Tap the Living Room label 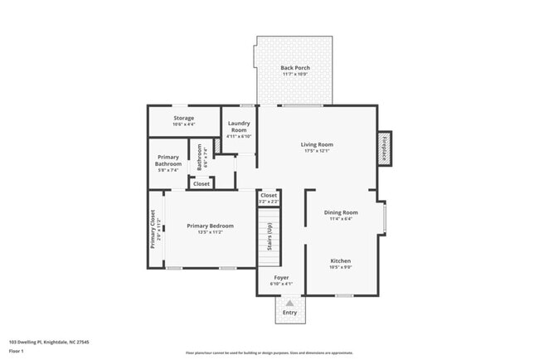[x=316, y=144]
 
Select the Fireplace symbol [x=385, y=148]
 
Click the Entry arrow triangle [x=289, y=304]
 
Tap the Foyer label [x=280, y=278]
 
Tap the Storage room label [x=183, y=119]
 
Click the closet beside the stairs [x=268, y=197]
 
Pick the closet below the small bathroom [x=202, y=183]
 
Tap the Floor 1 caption [x=17, y=351]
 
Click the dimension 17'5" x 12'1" [x=316, y=151]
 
